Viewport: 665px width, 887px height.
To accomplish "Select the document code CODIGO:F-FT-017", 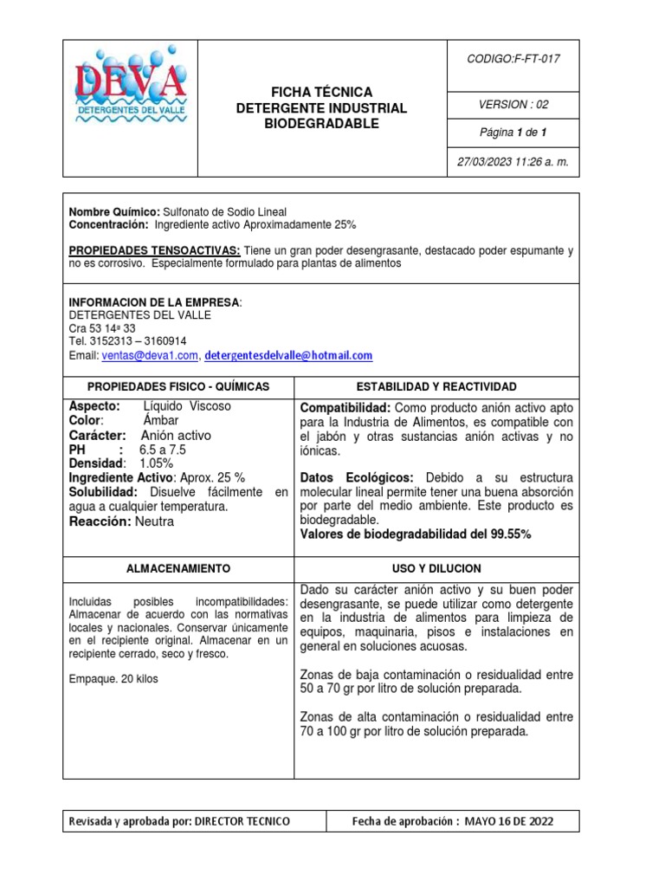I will [514, 59].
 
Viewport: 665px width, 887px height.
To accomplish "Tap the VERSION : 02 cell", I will [514, 105].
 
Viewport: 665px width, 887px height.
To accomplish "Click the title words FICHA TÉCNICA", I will [321, 92].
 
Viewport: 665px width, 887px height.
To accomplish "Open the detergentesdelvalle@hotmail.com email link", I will [288, 355].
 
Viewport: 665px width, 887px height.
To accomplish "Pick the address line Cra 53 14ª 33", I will [102, 329].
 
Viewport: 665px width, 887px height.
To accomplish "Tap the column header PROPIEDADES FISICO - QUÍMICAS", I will [178, 386].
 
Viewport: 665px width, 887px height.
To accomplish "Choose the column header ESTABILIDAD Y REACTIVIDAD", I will [436, 386].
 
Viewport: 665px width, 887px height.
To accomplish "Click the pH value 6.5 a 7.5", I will [163, 450].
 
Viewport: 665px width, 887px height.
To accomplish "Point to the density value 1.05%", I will [157, 463].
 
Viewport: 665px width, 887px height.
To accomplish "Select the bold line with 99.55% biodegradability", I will [415, 534].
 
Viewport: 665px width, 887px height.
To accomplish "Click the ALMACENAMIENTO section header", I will [178, 569].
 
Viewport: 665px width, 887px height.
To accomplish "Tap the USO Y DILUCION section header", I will [436, 569].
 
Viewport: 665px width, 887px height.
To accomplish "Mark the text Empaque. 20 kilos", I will [113, 679].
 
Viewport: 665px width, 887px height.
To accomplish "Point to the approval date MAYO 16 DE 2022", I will [509, 821].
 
